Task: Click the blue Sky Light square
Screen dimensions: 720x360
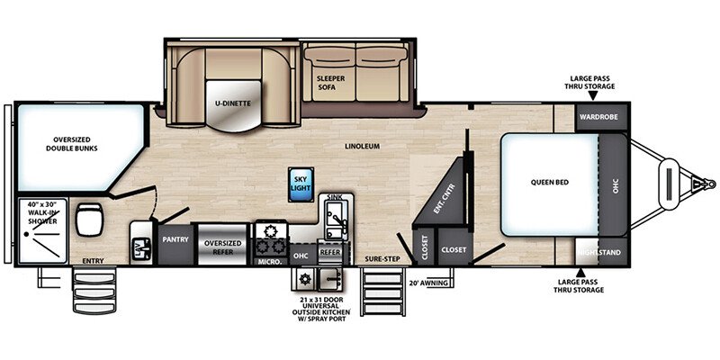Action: pyautogui.click(x=301, y=184)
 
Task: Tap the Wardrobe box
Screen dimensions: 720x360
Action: pyautogui.click(x=602, y=117)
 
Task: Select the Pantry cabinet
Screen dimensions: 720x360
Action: pyautogui.click(x=175, y=244)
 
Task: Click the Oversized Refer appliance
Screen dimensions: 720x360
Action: pyautogui.click(x=223, y=245)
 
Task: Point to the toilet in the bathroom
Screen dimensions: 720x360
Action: pyautogui.click(x=89, y=219)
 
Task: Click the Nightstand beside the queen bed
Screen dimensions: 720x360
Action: pyautogui.click(x=601, y=252)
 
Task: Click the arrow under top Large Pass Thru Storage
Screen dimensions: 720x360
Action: pyautogui.click(x=593, y=95)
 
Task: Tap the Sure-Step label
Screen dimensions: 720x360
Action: pyautogui.click(x=382, y=259)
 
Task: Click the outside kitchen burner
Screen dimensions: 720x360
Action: pyautogui.click(x=304, y=278)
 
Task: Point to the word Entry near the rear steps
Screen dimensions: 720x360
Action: pyautogui.click(x=93, y=261)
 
